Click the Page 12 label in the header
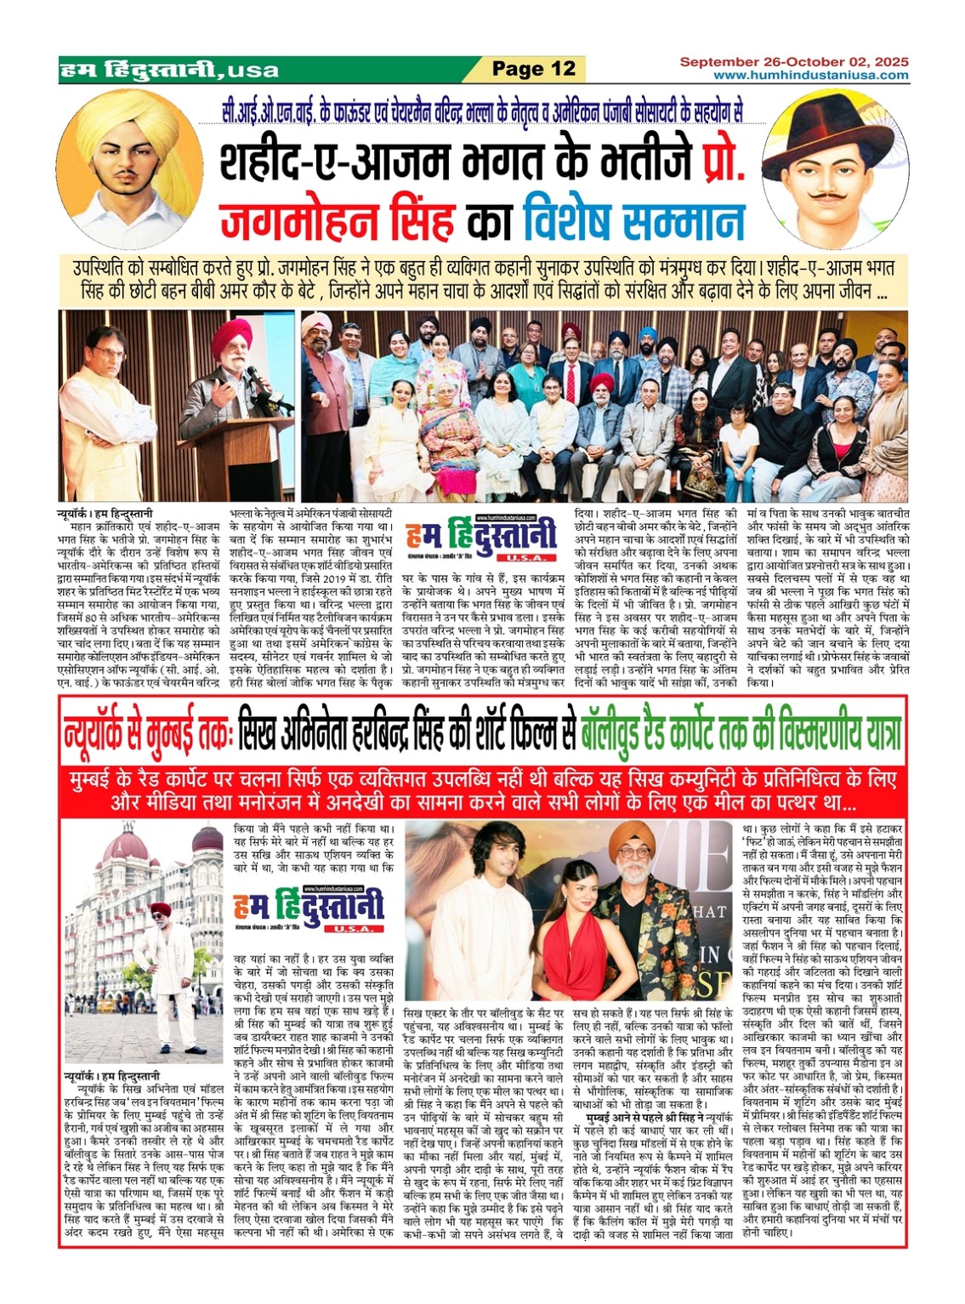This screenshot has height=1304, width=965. pos(534,68)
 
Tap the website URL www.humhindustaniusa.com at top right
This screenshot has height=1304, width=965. pos(810,76)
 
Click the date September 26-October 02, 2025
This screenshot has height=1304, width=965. pos(793,62)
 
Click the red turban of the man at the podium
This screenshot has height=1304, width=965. pos(232,338)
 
